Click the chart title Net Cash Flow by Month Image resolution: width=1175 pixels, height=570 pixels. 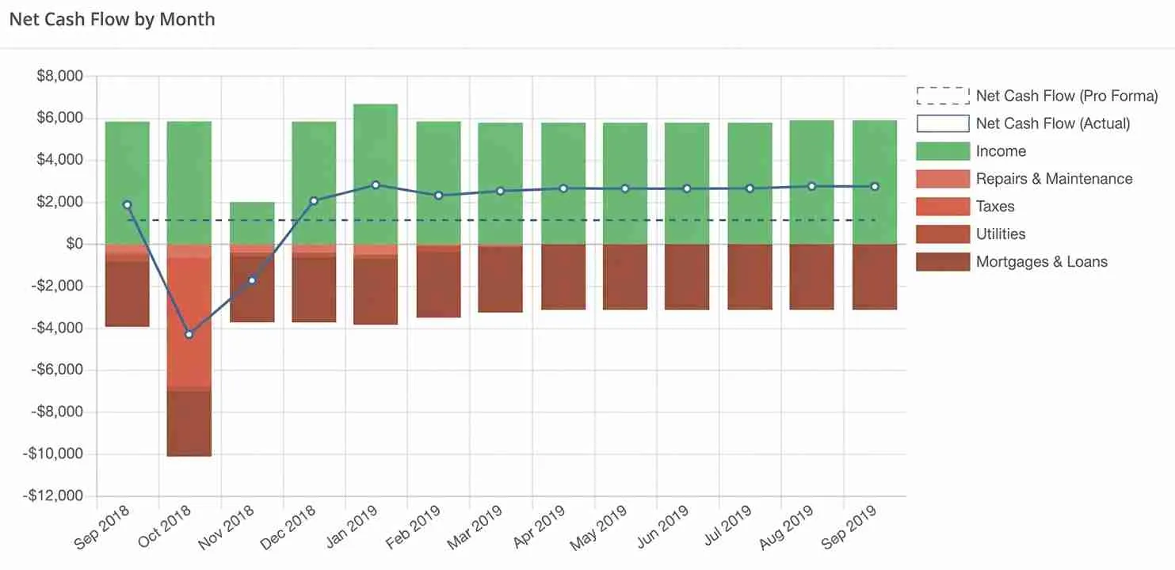[113, 19]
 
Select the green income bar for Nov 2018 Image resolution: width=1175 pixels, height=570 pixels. [252, 223]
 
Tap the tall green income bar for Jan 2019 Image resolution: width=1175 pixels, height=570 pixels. [376, 174]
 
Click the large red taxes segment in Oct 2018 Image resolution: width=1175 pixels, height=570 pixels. [189, 323]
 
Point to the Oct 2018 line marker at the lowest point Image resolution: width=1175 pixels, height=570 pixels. [189, 334]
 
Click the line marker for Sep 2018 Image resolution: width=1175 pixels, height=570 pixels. [127, 205]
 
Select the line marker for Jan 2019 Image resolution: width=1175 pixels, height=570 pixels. [376, 185]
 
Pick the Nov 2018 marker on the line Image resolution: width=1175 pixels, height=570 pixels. [252, 280]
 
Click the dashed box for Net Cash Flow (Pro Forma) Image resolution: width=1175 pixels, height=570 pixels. [943, 96]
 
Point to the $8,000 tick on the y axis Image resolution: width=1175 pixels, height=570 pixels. [59, 76]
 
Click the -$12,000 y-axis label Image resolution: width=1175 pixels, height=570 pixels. [53, 496]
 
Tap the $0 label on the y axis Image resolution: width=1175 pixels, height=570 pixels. [74, 244]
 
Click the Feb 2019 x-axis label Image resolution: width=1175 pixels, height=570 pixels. [414, 526]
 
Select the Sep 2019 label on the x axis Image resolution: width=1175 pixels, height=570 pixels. [849, 526]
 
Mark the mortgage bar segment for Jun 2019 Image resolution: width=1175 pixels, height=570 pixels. [687, 276]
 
